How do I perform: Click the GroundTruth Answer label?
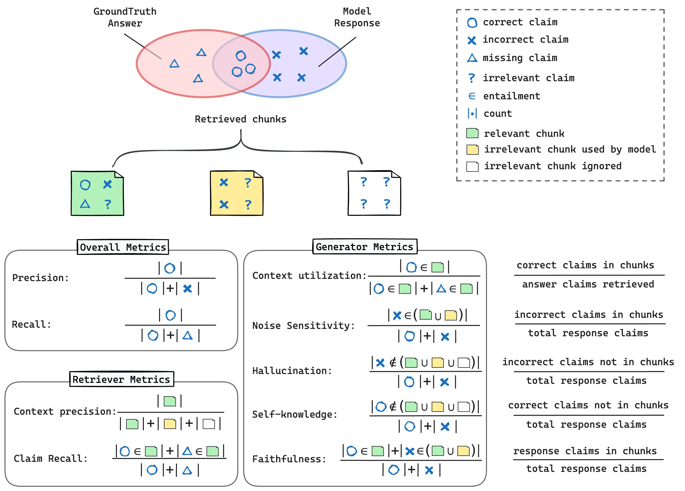[x=125, y=17]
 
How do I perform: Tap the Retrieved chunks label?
[x=240, y=119]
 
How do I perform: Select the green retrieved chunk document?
[x=97, y=193]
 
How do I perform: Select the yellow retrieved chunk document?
[x=237, y=193]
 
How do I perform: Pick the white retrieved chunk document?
[x=374, y=193]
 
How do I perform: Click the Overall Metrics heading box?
[x=123, y=247]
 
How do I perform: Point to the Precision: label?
[x=40, y=278]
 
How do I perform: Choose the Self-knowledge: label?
[x=295, y=414]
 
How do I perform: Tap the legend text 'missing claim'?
[x=520, y=58]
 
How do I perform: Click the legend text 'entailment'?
[x=511, y=96]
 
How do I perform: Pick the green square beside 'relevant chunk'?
[x=472, y=133]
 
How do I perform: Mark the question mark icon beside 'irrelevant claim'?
[x=472, y=78]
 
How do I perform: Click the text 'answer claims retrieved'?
[x=588, y=284]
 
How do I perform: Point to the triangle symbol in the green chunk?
[x=85, y=204]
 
